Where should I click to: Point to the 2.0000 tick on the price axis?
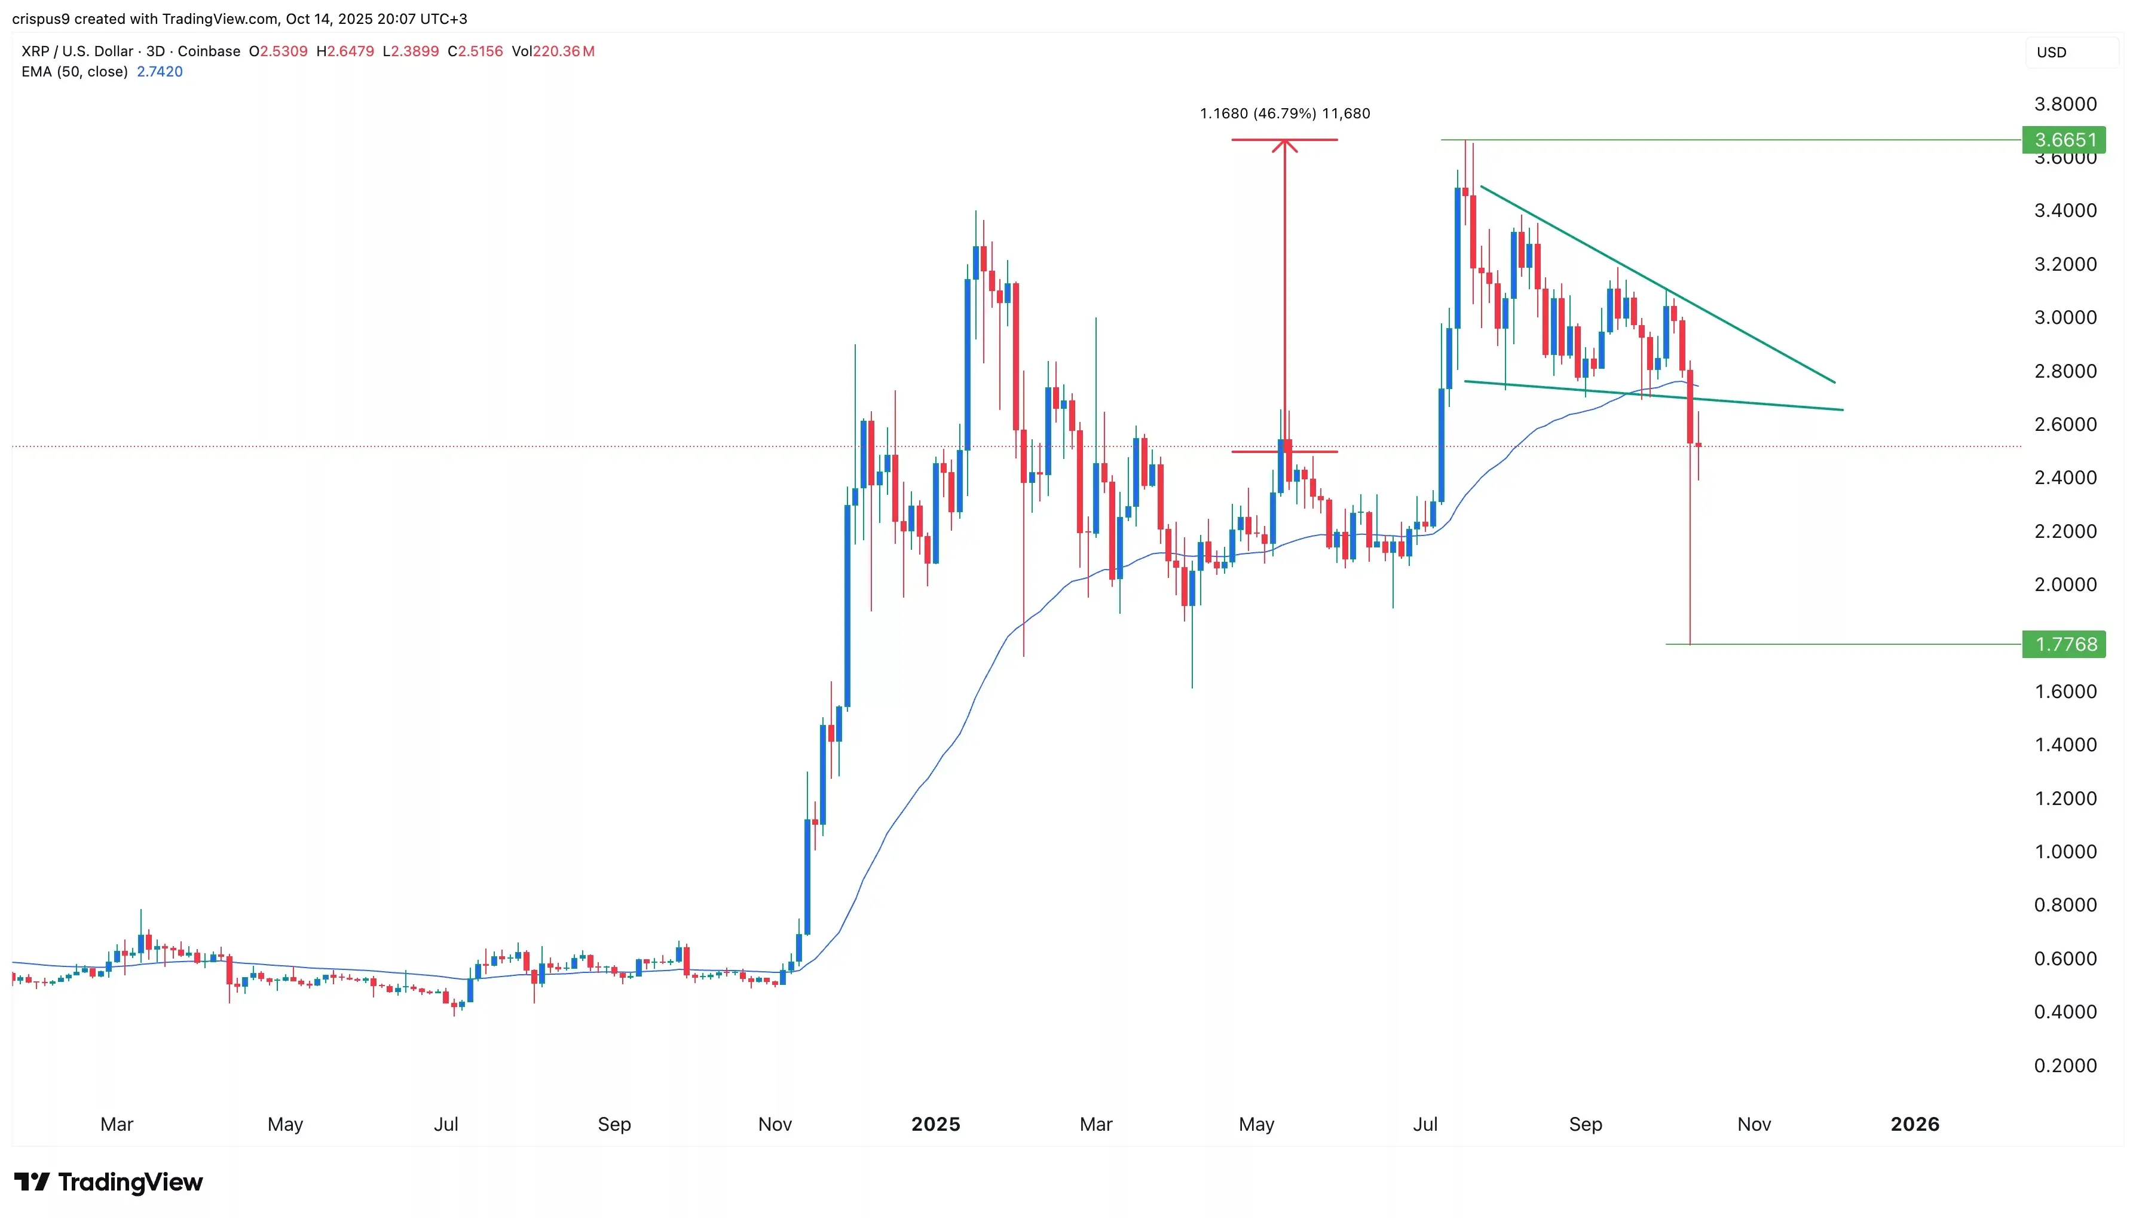2065,584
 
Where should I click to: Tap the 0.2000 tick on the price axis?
2065,1066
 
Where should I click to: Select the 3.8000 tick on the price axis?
2065,105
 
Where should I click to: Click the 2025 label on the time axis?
935,1124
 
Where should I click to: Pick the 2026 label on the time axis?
1914,1124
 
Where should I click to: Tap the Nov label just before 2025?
775,1124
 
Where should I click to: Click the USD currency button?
2052,53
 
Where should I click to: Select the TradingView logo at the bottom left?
109,1182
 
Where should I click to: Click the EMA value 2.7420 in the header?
160,72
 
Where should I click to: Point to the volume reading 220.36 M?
564,51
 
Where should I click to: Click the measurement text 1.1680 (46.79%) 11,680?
1284,114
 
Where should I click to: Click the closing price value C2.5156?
475,51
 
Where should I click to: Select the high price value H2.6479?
345,51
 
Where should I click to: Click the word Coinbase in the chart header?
209,51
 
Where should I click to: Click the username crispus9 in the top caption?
40,19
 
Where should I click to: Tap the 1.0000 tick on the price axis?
2065,852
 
